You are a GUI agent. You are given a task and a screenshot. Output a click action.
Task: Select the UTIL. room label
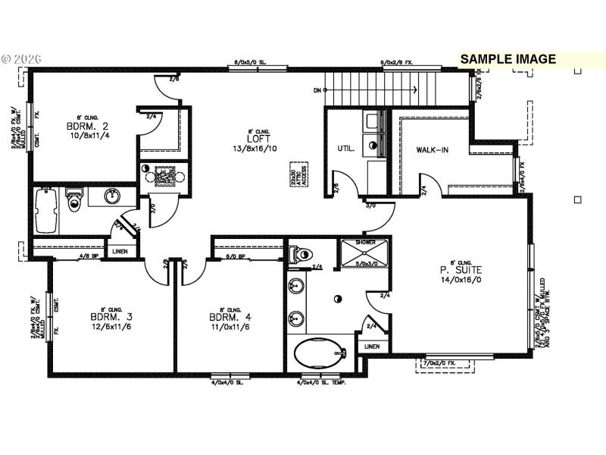345,149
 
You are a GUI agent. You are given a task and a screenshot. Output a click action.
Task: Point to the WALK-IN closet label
432,149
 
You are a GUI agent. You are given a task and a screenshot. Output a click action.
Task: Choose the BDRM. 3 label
106,317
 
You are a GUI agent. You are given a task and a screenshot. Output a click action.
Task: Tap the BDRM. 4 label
225,317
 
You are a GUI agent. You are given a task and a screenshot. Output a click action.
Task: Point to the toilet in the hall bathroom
73,200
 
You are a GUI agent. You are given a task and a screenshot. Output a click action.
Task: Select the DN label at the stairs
317,90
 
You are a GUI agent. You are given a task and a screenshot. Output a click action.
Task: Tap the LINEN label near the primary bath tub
371,347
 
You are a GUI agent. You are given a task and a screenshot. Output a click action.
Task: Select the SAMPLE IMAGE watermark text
508,59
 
